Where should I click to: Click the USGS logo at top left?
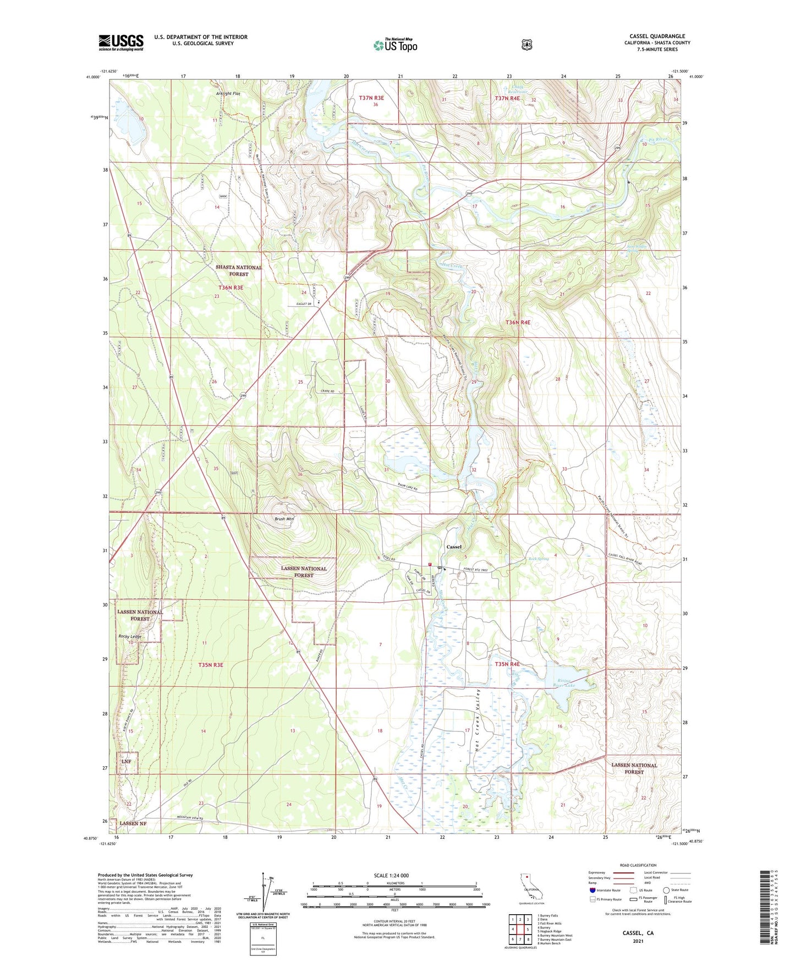[x=121, y=42]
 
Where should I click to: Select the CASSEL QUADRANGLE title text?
[x=657, y=36]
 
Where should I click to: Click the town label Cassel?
[x=454, y=547]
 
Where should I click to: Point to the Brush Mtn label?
[x=284, y=518]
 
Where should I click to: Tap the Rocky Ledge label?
[x=130, y=636]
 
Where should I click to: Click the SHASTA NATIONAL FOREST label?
[x=238, y=270]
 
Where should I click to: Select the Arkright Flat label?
[x=228, y=94]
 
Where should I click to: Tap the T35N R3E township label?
[x=211, y=665]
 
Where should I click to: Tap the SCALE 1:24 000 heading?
[x=391, y=875]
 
